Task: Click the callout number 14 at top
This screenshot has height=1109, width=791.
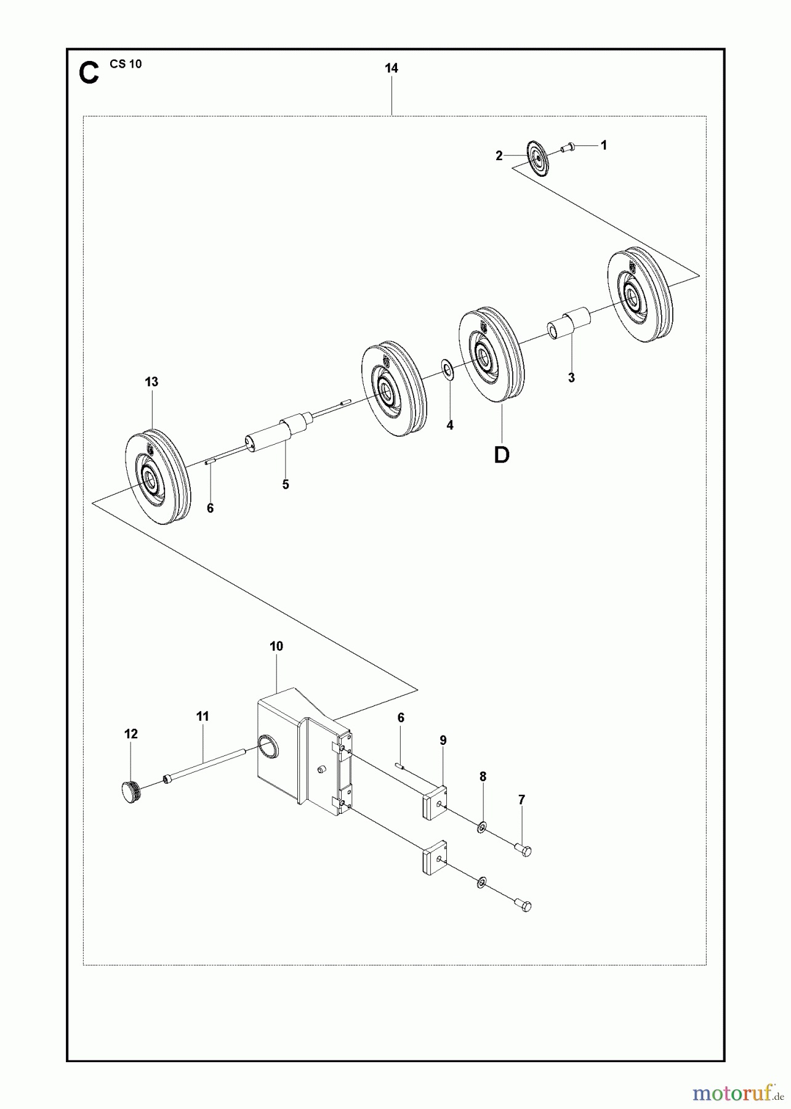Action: coord(391,68)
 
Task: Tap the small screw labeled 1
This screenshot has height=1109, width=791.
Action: coord(567,147)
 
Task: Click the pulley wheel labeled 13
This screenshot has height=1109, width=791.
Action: coord(158,477)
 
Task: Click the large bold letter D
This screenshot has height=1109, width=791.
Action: coord(502,455)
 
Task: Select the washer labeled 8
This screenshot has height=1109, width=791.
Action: coord(481,826)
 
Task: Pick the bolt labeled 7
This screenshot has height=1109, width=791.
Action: coord(523,851)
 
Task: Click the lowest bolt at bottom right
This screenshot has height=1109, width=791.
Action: coord(523,905)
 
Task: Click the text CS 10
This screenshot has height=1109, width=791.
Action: coord(126,64)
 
